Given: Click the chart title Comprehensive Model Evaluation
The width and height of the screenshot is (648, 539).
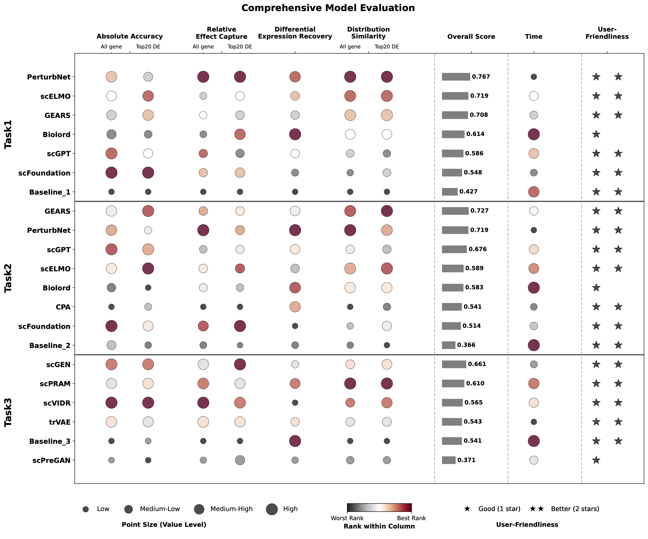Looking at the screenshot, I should coord(328,8).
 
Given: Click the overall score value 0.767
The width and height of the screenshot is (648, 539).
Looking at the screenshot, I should coord(481,76).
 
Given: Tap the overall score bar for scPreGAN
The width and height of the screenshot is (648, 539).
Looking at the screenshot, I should coord(448,460).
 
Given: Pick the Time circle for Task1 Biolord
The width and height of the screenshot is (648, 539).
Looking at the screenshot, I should coord(534,134).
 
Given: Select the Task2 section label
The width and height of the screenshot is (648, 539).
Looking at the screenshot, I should coord(8,278).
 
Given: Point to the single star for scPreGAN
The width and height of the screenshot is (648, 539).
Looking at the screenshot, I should coord(596,460).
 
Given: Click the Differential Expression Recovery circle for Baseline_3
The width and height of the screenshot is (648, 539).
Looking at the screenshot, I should coord(295,441).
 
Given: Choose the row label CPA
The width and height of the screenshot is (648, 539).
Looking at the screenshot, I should coord(63,307).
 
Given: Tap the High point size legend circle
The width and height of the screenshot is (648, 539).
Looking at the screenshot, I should coord(272,509).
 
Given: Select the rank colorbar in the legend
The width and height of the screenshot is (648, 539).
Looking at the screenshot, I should coord(379,507).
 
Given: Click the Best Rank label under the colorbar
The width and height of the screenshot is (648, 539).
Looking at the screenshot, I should coord(411,518).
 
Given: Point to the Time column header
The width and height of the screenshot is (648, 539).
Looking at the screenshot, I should coord(534,37).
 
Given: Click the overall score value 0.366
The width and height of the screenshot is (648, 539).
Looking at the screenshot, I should coord(466,345).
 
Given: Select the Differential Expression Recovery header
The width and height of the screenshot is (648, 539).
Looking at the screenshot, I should coord(295,33).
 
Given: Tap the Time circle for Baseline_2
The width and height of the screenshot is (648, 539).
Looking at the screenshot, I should coord(534,345).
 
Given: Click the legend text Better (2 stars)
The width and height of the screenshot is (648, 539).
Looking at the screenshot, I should coord(575,509).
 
